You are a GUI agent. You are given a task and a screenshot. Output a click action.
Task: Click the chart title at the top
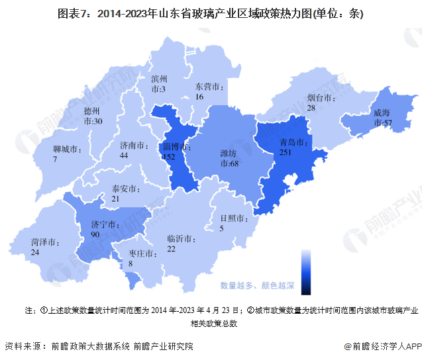coord(211,13)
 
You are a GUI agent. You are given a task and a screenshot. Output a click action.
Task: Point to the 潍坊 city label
coord(229,153)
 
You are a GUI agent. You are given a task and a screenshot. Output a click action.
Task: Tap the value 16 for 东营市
coord(199,97)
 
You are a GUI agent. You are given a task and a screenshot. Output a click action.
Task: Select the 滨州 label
coord(160,78)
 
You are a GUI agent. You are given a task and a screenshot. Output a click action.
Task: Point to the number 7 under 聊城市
coord(56,159)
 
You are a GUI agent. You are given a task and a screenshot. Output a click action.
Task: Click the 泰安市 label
coord(125,188)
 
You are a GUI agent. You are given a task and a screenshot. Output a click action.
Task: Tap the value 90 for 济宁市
coord(95,234)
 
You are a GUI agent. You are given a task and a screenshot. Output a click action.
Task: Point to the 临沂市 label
coord(180,238)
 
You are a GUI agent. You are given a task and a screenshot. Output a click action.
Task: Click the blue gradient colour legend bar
coord(305,271)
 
